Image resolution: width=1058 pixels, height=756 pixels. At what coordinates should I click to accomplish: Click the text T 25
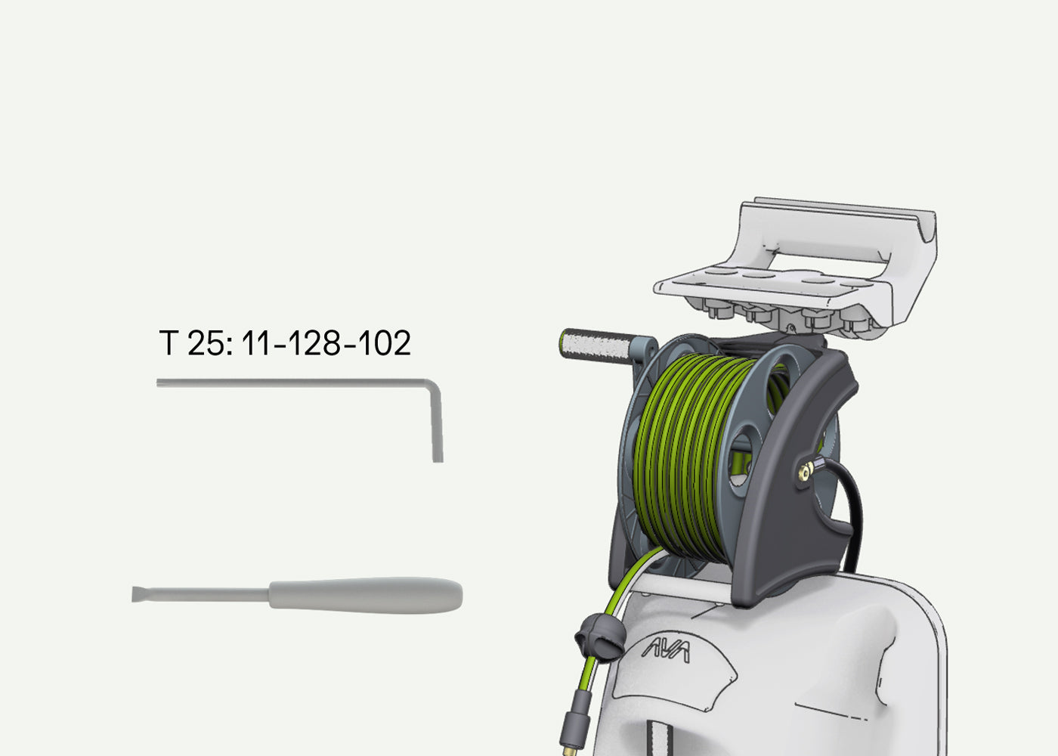[196, 342]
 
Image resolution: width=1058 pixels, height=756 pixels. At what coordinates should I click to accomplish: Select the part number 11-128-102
[326, 342]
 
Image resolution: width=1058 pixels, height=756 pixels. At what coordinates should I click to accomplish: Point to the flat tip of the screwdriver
[137, 594]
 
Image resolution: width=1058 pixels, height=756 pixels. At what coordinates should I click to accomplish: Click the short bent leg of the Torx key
[437, 423]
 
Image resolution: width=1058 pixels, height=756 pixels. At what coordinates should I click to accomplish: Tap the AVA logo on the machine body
[665, 651]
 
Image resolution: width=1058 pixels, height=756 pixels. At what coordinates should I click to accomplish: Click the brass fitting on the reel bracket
[806, 470]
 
